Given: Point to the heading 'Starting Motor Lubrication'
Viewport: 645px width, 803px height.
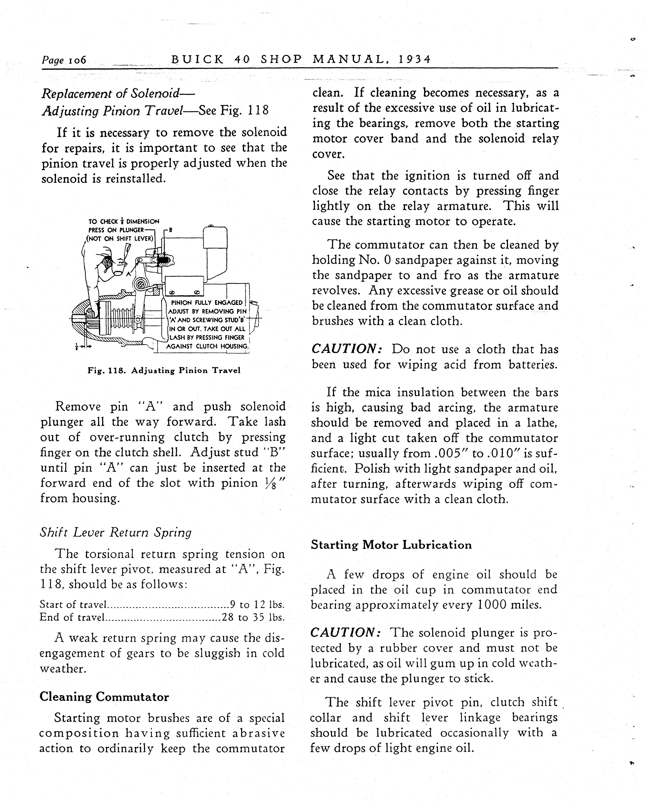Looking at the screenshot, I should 391,545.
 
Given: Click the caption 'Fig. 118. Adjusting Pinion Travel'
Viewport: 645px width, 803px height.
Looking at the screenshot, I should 164,371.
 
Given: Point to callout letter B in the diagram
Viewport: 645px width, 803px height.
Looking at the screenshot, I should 171,230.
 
